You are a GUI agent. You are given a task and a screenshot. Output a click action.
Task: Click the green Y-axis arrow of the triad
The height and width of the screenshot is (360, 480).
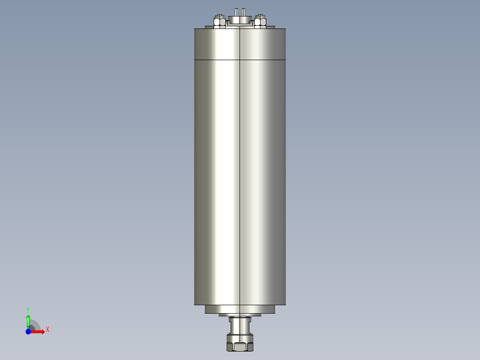tap(28, 320)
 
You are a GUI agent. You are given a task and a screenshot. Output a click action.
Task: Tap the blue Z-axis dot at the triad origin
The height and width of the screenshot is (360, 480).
tap(28, 332)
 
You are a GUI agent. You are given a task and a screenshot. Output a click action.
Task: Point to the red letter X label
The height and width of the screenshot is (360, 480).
tap(47, 330)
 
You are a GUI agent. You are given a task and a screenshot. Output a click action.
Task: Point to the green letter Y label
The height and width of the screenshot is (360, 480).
tap(28, 309)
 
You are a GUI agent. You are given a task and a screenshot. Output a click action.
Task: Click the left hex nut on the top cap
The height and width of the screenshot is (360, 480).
tap(219, 21)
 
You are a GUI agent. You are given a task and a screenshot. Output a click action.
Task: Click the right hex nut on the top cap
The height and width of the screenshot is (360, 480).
tap(260, 21)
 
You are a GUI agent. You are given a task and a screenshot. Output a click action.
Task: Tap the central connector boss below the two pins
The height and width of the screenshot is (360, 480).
tap(240, 19)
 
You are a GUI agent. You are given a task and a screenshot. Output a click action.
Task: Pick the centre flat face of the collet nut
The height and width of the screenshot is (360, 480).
tap(240, 347)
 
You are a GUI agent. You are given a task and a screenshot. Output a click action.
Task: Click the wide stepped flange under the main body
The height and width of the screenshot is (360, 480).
tap(240, 309)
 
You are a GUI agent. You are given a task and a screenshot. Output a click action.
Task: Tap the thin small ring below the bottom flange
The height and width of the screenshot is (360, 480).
tap(240, 315)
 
